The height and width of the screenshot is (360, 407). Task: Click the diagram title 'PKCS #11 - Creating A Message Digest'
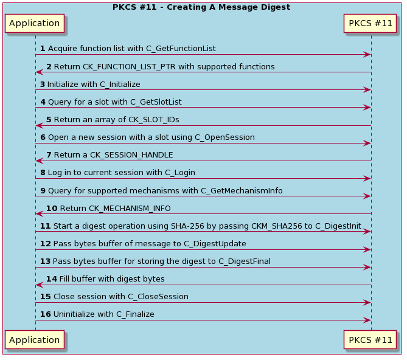pos(201,7)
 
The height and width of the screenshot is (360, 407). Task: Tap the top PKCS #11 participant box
pos(370,24)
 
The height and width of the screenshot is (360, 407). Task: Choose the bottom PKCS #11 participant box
pos(370,340)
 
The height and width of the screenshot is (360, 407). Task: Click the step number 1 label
pos(43,49)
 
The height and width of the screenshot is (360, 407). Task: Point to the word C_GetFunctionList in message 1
pos(181,49)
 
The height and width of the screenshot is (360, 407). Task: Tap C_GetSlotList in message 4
pos(155,102)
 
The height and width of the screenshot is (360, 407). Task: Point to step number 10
pos(51,208)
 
